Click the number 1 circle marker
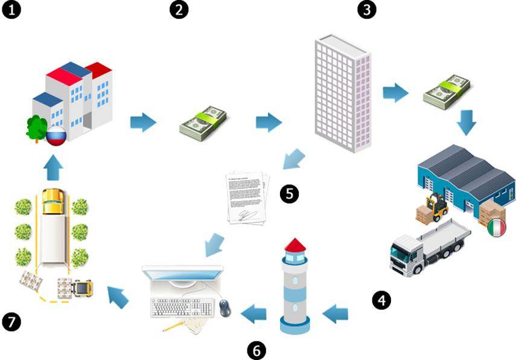pos(11,10)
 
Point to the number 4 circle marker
pos(381,299)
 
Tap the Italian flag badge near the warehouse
pos(496,228)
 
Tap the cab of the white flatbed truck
pos(406,255)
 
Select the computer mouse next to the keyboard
pos(225,308)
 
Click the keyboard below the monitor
pos(182,307)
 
